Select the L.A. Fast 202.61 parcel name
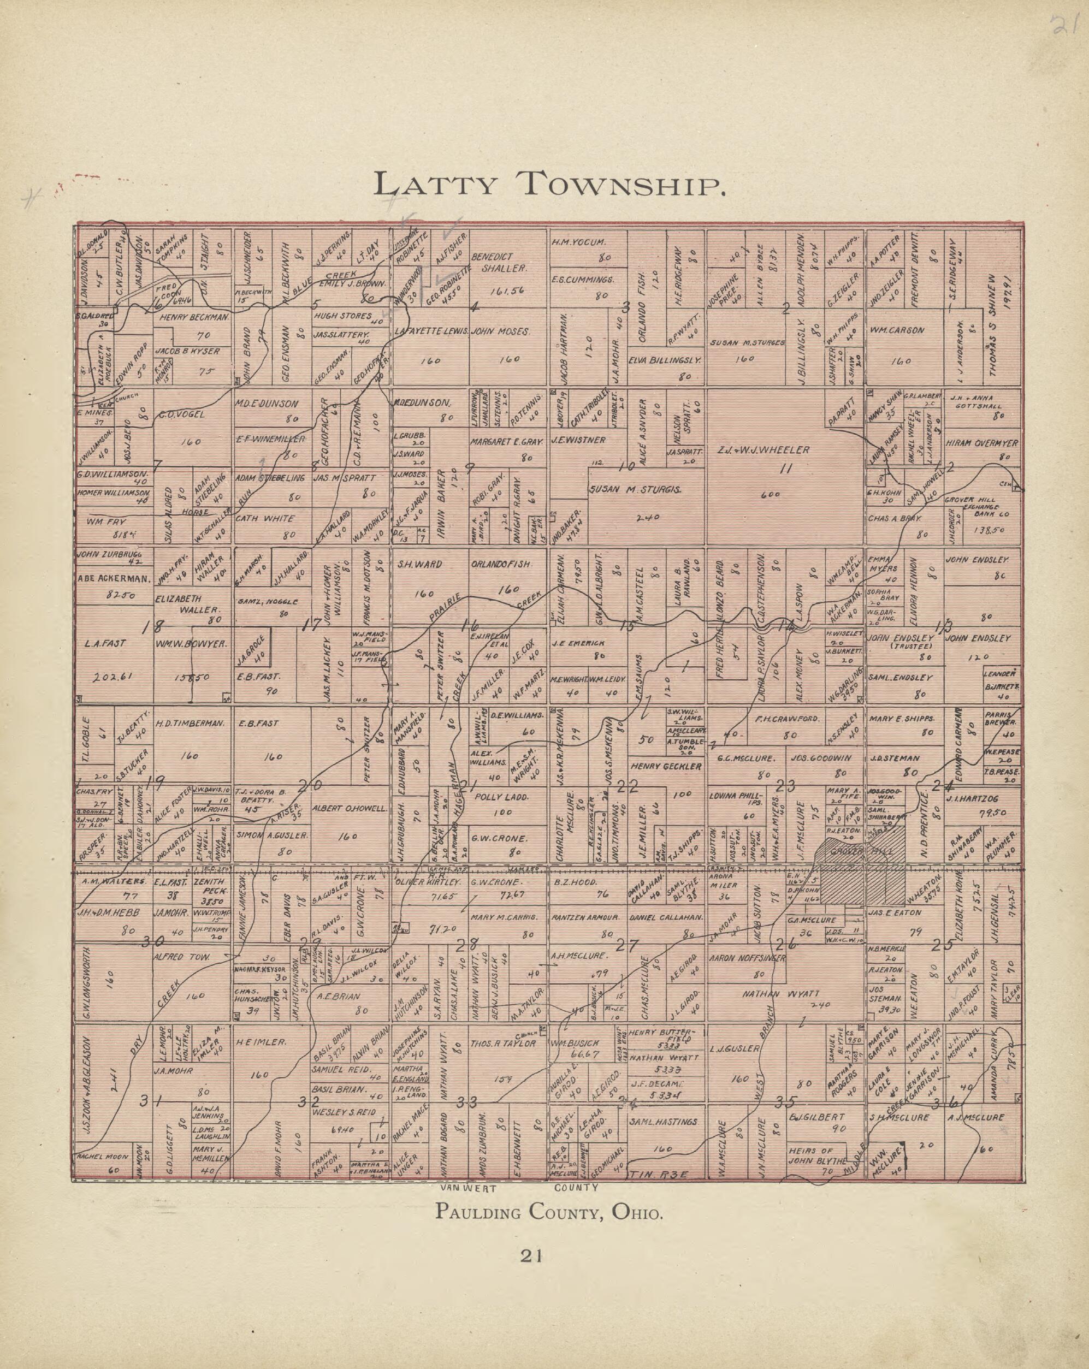click(105, 643)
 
